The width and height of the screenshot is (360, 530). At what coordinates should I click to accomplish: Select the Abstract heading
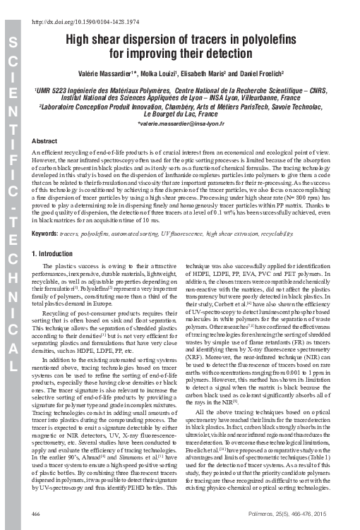tap(45, 142)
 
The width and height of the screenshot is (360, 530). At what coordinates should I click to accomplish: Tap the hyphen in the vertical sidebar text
tap(14, 210)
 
